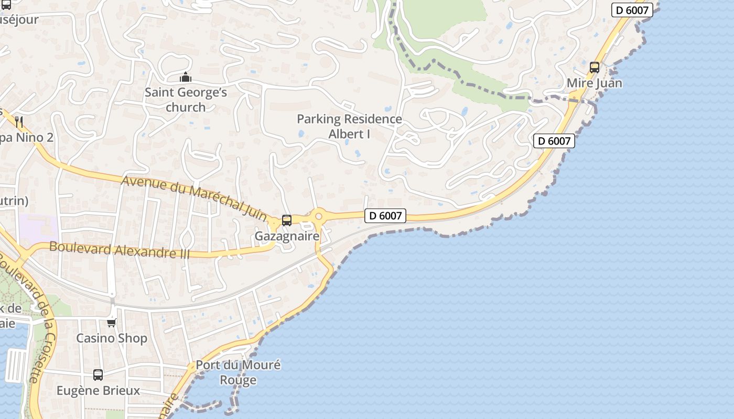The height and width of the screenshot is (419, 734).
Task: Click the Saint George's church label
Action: [186, 100]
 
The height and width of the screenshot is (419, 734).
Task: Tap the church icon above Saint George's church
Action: [186, 78]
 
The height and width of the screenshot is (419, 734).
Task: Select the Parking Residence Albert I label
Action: [349, 126]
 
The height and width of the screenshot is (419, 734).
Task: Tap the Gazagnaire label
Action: [287, 236]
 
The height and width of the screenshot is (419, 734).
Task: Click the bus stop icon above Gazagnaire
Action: [286, 220]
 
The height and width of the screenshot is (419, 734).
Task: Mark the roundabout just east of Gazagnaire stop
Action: [318, 215]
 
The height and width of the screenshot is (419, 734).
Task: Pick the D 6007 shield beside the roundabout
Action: [385, 215]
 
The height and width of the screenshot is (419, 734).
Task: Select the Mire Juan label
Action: [595, 83]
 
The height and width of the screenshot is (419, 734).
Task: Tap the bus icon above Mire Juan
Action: [594, 67]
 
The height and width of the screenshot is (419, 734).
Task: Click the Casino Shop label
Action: [112, 338]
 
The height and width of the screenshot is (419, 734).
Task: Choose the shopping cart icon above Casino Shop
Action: [111, 323]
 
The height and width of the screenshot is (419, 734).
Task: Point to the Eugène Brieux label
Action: [98, 390]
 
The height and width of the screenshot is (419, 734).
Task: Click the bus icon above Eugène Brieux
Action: [98, 375]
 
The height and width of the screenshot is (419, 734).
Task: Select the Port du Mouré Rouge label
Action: [238, 372]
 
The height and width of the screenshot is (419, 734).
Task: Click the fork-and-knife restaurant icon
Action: [19, 122]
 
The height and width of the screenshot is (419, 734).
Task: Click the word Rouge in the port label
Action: [238, 380]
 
